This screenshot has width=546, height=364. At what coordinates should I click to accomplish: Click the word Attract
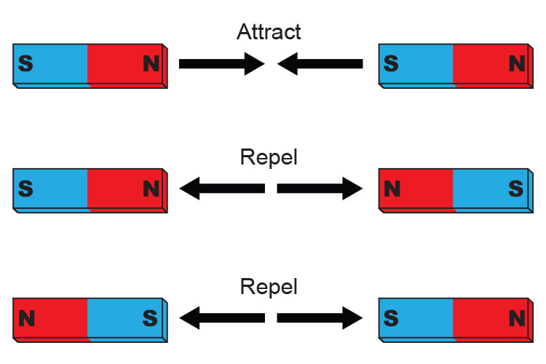(269, 31)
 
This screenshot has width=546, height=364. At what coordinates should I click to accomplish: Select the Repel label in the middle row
(269, 157)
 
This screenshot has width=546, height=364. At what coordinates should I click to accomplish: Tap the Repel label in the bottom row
(269, 286)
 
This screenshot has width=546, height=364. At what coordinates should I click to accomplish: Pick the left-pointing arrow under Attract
(320, 64)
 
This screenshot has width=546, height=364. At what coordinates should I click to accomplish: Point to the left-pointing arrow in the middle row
(221, 189)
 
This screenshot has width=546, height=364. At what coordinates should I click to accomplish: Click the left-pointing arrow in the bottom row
(221, 317)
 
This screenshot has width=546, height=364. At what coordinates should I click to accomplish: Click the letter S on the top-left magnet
(25, 64)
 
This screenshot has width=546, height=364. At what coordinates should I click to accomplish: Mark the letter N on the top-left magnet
(151, 64)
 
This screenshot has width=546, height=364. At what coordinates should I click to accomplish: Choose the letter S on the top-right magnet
(391, 64)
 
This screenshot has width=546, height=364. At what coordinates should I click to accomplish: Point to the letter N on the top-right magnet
(516, 64)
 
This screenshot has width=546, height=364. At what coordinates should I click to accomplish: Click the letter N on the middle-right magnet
(392, 190)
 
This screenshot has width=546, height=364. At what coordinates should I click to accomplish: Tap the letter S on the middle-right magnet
(516, 190)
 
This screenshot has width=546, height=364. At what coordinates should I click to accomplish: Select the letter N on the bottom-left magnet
(26, 318)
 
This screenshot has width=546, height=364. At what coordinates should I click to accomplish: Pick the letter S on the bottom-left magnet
(150, 318)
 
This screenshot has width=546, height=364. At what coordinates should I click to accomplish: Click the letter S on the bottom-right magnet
(391, 318)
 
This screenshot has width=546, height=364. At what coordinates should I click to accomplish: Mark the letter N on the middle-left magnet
(151, 190)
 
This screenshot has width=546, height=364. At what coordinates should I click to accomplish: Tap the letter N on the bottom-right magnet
(516, 318)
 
